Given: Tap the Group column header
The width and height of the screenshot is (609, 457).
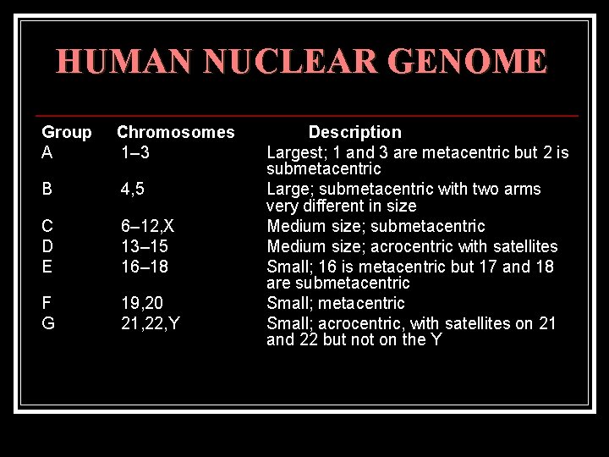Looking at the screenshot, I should click(67, 132).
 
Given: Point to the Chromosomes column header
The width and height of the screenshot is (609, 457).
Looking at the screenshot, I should click(175, 132).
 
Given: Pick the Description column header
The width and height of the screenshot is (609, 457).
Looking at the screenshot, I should click(354, 132).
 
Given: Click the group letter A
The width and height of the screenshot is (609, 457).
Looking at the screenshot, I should click(48, 152).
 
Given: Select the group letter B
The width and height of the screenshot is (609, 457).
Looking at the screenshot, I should click(48, 189).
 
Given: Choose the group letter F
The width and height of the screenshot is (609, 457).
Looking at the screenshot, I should click(47, 303).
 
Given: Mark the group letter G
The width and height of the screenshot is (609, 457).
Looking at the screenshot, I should click(49, 322).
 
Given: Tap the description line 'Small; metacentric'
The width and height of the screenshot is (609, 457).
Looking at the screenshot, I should click(336, 303).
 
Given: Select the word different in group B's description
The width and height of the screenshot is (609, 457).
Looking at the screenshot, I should click(340, 206).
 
